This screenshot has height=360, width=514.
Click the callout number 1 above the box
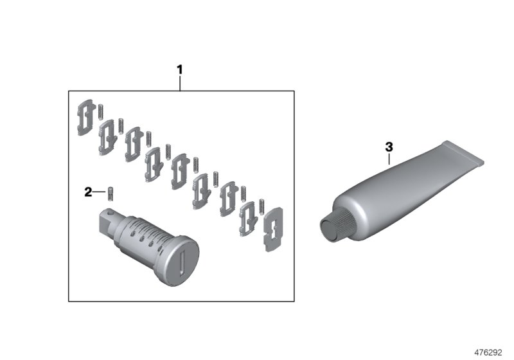(180, 69)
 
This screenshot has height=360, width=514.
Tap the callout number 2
(89, 192)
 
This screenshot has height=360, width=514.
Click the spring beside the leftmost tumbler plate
(102, 111)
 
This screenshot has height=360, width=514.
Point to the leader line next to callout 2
(99, 192)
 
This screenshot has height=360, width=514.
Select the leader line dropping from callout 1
(180, 83)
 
